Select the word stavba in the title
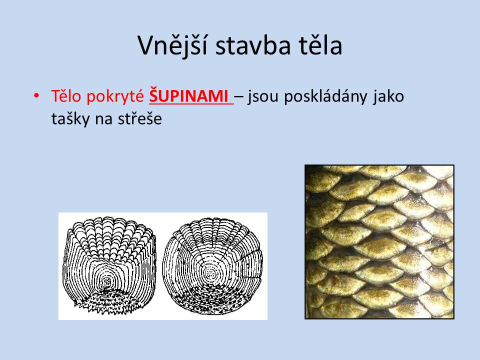(x=253, y=46)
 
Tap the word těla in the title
(x=320, y=45)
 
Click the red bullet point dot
(x=36, y=96)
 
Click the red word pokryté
(x=115, y=96)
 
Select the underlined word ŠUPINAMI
(x=188, y=95)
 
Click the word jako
(x=388, y=96)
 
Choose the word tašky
(x=70, y=119)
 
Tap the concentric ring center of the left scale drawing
(x=107, y=281)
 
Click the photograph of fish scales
(x=379, y=242)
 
